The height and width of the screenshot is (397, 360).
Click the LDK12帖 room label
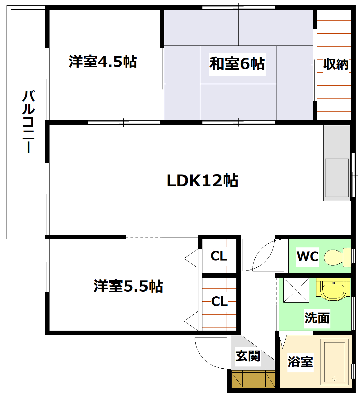[x=202, y=181]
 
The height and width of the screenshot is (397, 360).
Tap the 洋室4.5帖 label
[x=103, y=62]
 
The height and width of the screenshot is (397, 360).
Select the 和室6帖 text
[x=237, y=64]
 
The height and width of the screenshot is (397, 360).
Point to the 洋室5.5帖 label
[x=128, y=286]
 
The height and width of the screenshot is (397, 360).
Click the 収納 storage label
[x=335, y=64]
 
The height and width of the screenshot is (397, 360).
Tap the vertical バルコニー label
[x=28, y=122]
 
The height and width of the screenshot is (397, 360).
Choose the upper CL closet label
[x=219, y=256]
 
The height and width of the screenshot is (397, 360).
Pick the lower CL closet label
[x=219, y=301]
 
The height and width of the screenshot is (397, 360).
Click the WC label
[x=308, y=256]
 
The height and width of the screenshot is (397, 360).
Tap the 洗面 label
[x=317, y=318]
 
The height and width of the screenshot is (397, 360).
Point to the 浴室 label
[x=300, y=361]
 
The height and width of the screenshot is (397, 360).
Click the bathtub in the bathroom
[x=334, y=361]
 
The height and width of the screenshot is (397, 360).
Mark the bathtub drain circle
[x=334, y=379]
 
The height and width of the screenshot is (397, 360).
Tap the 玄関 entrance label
[x=248, y=356]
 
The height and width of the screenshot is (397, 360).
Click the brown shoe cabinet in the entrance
[x=253, y=379]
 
